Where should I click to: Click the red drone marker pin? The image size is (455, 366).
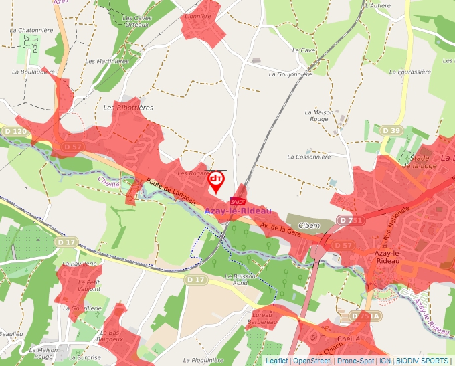click(x=216, y=181)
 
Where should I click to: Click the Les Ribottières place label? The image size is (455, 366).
click(x=128, y=108)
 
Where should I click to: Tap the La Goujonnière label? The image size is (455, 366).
click(x=290, y=74)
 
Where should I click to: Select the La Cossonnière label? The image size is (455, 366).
click(x=308, y=157)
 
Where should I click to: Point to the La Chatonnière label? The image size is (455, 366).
click(x=31, y=31)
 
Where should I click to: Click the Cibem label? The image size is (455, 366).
click(x=309, y=226)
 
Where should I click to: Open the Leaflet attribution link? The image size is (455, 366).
click(x=276, y=361)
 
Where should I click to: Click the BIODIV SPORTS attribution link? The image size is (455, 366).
click(x=421, y=361)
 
